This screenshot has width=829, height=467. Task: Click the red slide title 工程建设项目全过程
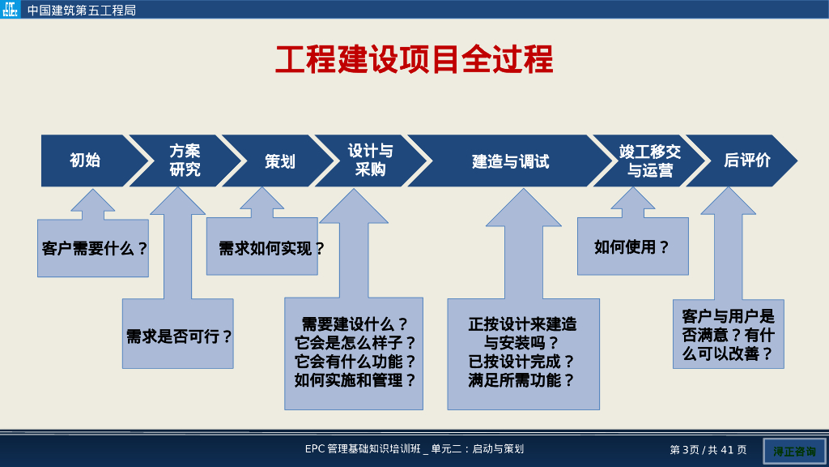click(414, 60)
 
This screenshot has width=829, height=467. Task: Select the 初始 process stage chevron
click(85, 161)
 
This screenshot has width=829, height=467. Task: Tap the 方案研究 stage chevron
click(185, 161)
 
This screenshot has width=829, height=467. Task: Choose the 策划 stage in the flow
click(279, 161)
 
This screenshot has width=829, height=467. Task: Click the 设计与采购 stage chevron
click(371, 161)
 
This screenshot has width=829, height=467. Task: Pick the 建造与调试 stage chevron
click(510, 161)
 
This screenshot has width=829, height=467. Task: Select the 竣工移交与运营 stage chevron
click(649, 161)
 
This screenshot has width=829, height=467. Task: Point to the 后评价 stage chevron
click(746, 161)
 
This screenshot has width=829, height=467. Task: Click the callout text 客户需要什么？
click(95, 249)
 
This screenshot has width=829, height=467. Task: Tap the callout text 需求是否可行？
click(179, 336)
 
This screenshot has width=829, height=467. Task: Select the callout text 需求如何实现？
click(271, 249)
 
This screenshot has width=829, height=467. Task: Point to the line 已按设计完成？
click(522, 362)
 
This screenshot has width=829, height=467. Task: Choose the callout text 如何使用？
click(632, 247)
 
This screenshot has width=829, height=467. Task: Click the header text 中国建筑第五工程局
click(81, 11)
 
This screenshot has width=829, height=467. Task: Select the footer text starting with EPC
click(414, 449)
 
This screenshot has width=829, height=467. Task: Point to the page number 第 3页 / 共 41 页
click(708, 450)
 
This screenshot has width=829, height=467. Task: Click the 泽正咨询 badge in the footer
click(794, 451)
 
